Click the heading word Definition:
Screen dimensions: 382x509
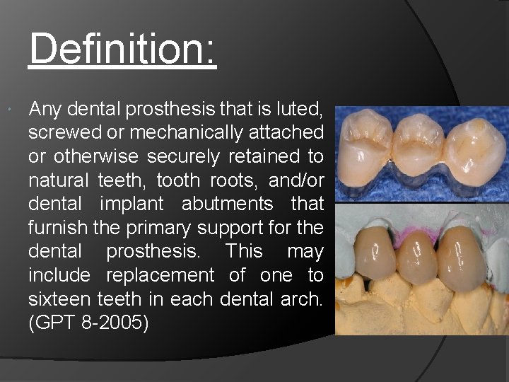[122, 49]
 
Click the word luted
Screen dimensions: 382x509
[299, 109]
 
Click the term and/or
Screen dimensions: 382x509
[296, 180]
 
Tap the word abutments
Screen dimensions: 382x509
[227, 204]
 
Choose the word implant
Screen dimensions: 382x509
[135, 204]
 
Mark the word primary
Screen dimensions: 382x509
[158, 228]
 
